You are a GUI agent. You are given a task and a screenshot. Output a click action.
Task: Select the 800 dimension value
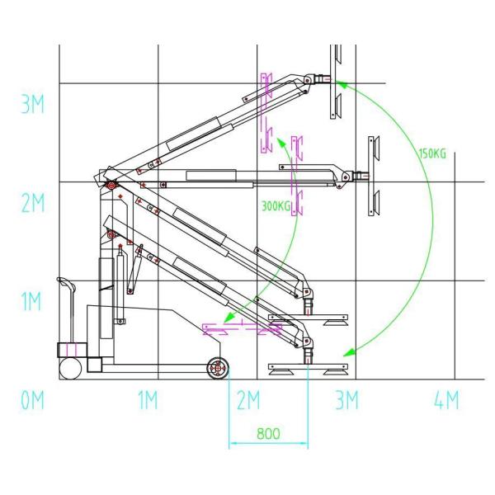[268, 434]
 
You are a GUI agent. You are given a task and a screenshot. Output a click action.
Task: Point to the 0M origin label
[33, 402]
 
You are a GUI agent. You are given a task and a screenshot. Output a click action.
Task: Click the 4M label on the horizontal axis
[445, 402]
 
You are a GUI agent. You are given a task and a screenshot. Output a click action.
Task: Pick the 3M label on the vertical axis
[32, 105]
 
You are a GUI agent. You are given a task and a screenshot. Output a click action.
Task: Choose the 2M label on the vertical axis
[32, 204]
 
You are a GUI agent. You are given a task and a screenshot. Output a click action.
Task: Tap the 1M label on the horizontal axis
[148, 402]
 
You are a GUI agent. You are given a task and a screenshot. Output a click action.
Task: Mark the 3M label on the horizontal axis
[346, 402]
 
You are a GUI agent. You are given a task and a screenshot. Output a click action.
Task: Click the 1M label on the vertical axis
[32, 302]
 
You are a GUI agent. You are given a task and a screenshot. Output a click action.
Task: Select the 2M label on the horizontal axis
[247, 402]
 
